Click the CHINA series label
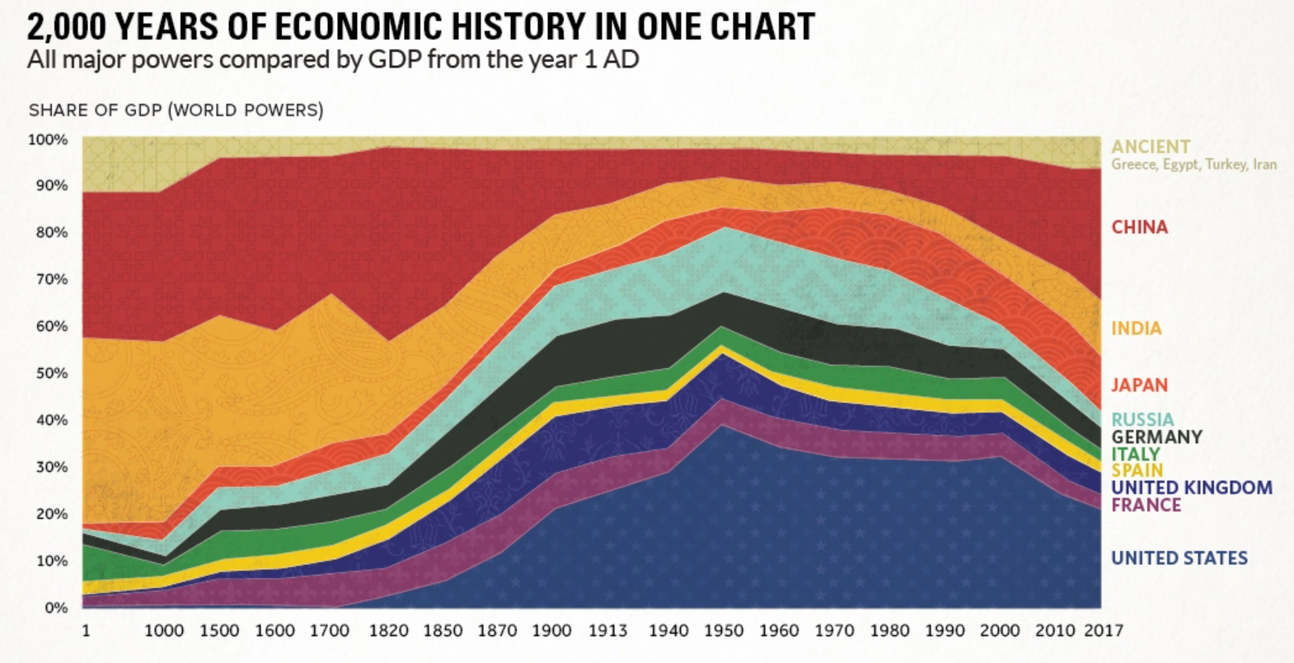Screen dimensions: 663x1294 coord(1139,227)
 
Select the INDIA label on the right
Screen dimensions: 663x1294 coord(1136,329)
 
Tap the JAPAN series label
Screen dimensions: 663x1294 coord(1139,385)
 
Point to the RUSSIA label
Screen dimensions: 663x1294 coord(1142,420)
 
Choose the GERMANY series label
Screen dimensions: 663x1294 coord(1156,437)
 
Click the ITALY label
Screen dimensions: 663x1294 coord(1135,455)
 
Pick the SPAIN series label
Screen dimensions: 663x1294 coord(1137,471)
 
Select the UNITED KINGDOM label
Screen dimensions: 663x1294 coord(1191,488)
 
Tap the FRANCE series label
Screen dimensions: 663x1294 coord(1146,505)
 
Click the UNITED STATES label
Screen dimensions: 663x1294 coord(1179,558)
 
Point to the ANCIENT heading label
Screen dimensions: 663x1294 coord(1151,147)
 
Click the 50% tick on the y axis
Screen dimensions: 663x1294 coord(50,374)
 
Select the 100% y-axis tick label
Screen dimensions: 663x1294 coord(48,140)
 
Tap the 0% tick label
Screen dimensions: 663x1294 coord(56,608)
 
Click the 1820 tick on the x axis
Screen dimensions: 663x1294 coord(388,631)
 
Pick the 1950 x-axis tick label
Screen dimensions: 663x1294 coord(723,631)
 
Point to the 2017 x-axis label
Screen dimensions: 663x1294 coord(1103,631)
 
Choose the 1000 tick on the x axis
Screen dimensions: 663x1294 coord(164,631)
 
